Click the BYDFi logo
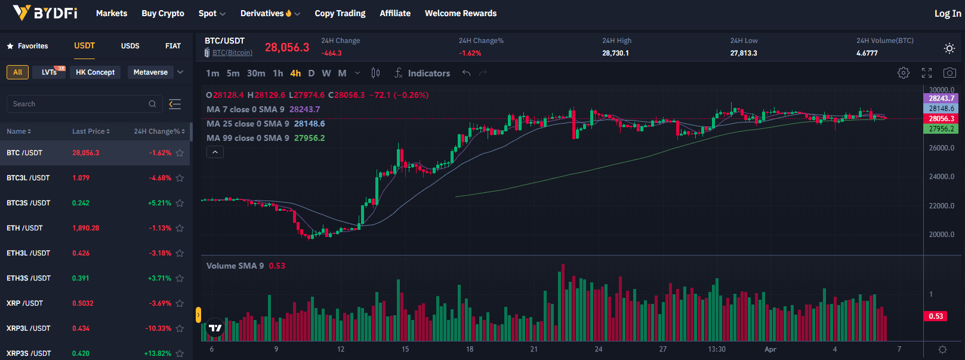(45, 13)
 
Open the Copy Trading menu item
(340, 13)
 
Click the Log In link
(947, 13)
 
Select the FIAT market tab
(173, 46)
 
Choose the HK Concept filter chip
(95, 72)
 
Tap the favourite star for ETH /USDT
(180, 228)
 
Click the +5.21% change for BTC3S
(159, 203)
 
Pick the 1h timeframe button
(278, 73)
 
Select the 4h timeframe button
(295, 73)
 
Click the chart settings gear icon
(904, 73)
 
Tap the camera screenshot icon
(949, 73)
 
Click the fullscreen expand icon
(926, 73)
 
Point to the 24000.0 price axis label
(942, 177)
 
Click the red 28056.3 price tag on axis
(941, 119)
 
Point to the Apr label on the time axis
(770, 349)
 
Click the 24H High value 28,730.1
(615, 53)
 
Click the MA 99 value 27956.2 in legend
(309, 138)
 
